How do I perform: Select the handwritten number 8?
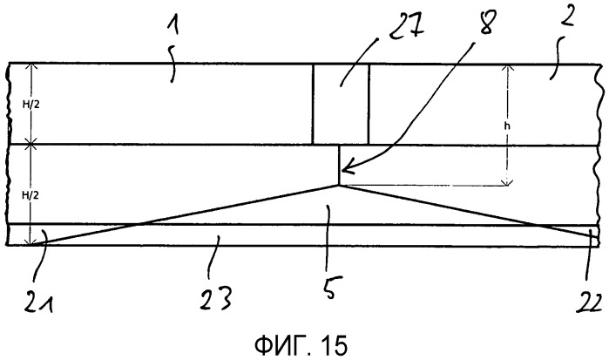point(484,22)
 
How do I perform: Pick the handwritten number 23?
point(216,298)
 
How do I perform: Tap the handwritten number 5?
point(330,289)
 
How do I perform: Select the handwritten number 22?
point(589,302)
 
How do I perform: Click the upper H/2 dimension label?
point(30,105)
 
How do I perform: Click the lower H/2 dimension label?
point(30,195)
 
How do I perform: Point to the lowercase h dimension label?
point(507,126)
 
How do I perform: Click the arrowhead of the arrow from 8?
point(345,169)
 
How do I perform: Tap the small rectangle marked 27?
point(341,104)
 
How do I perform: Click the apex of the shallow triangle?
point(339,186)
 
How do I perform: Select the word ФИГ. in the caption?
point(283,345)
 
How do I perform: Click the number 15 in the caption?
point(334,345)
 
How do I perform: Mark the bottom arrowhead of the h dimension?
point(507,182)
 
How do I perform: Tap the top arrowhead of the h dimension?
point(507,68)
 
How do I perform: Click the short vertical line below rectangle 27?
point(339,166)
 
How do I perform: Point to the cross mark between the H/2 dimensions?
point(31,144)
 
